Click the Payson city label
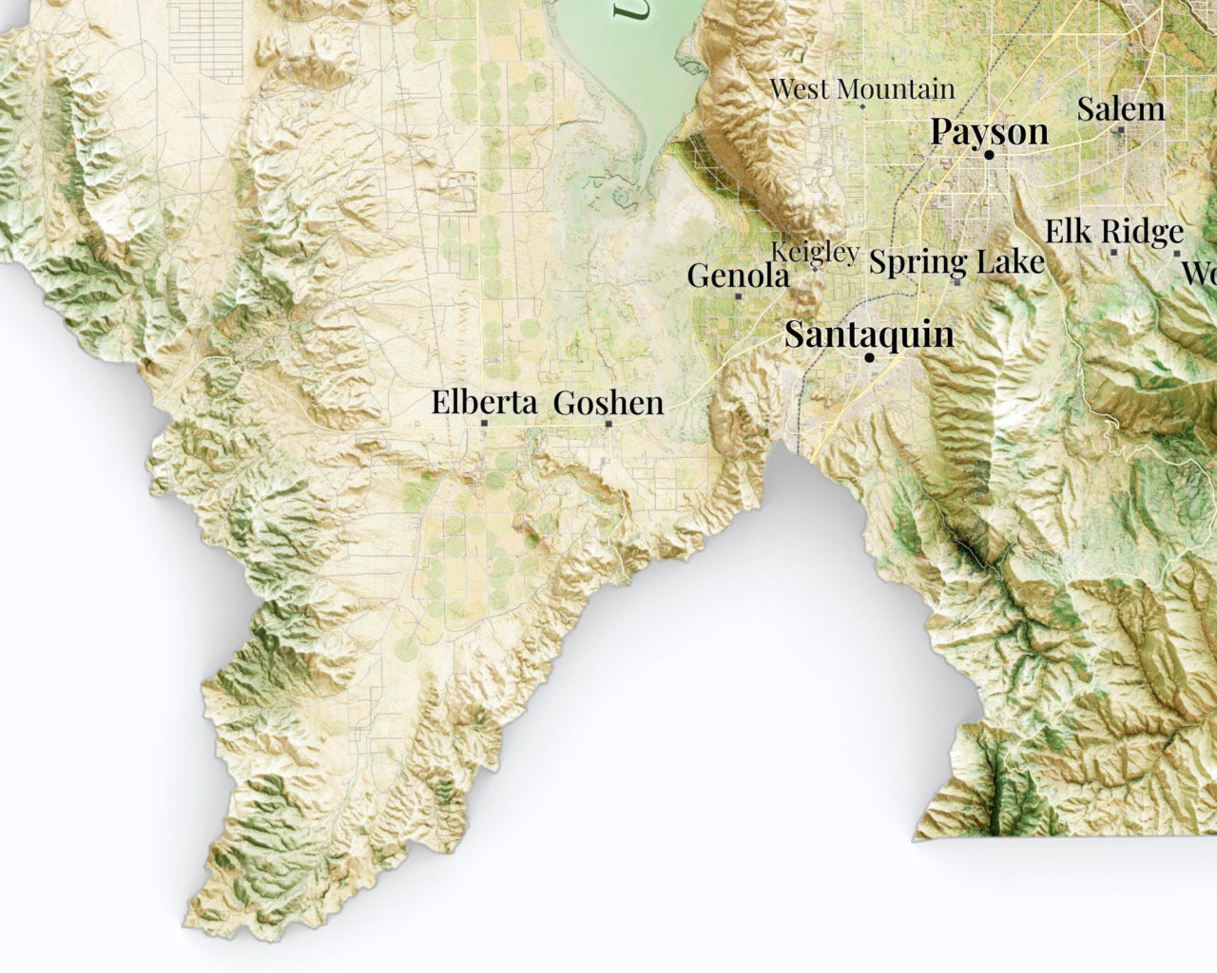tap(989, 130)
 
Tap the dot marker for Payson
tap(989, 154)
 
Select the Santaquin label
tap(869, 334)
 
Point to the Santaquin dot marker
tap(869, 358)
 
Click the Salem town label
tap(1120, 108)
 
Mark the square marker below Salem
tap(1121, 130)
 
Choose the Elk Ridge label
tap(1114, 231)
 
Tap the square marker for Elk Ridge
tap(1113, 253)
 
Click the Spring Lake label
tap(956, 260)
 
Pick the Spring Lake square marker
tap(956, 282)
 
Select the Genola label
tap(738, 276)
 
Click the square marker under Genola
tap(738, 296)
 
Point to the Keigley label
tap(814, 252)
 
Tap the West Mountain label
tap(861, 89)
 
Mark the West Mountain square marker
tap(862, 106)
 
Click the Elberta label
tap(484, 402)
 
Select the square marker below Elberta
tap(484, 424)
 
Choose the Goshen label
tap(608, 403)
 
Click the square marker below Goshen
tap(608, 424)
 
